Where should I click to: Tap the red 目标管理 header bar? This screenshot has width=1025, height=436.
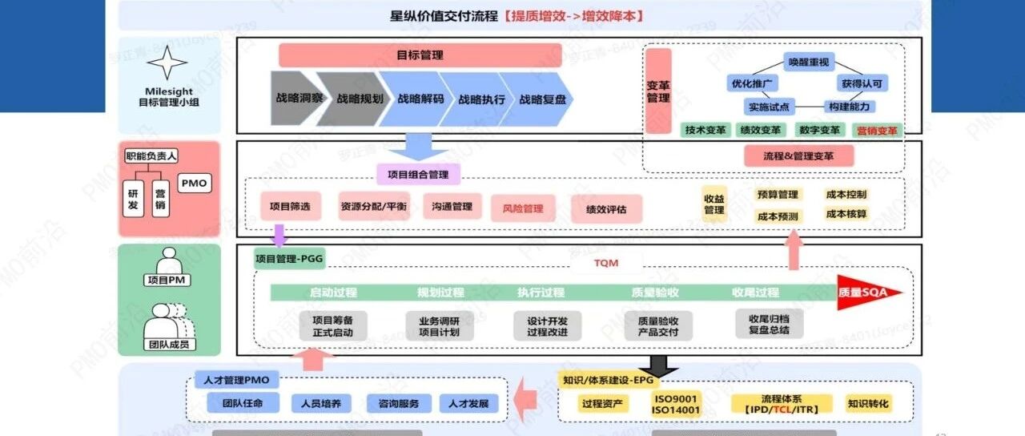[420, 55]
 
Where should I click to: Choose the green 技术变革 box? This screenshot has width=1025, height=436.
[705, 130]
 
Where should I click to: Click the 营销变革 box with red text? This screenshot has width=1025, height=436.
[877, 130]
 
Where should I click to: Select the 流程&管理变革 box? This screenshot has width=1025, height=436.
[798, 157]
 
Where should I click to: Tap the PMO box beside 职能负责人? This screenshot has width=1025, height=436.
[194, 184]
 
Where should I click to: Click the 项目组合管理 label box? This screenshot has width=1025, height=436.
[418, 175]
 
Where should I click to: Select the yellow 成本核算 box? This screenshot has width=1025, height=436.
[846, 214]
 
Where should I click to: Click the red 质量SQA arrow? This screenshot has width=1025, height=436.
[869, 293]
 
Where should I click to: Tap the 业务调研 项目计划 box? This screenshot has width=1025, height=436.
[440, 326]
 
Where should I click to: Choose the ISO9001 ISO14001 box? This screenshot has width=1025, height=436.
[677, 404]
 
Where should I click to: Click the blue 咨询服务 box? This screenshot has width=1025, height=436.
[399, 403]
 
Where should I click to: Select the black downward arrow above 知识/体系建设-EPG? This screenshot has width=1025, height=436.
[663, 365]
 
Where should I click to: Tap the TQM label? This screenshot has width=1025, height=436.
[606, 263]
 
